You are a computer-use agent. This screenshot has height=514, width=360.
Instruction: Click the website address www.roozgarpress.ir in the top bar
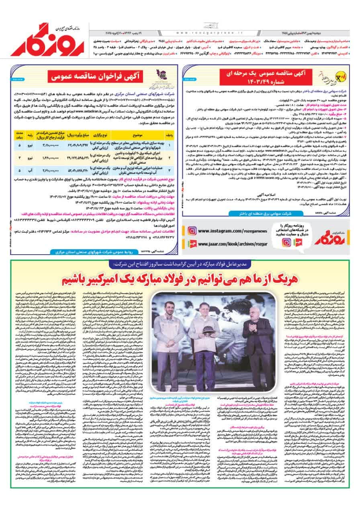pyautogui.click(x=209, y=33)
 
